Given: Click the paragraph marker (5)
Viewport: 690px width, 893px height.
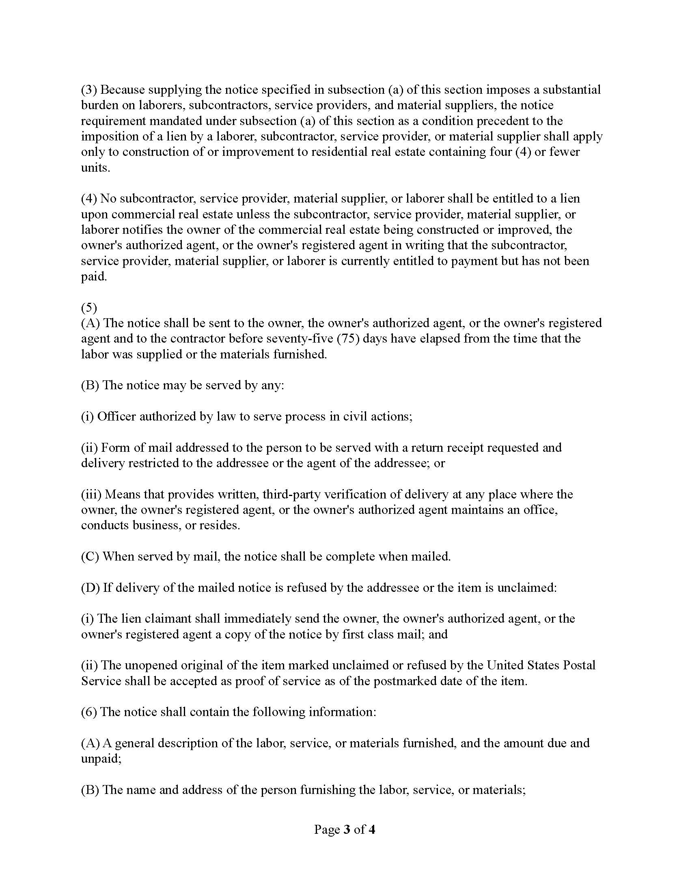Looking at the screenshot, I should (x=89, y=308).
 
